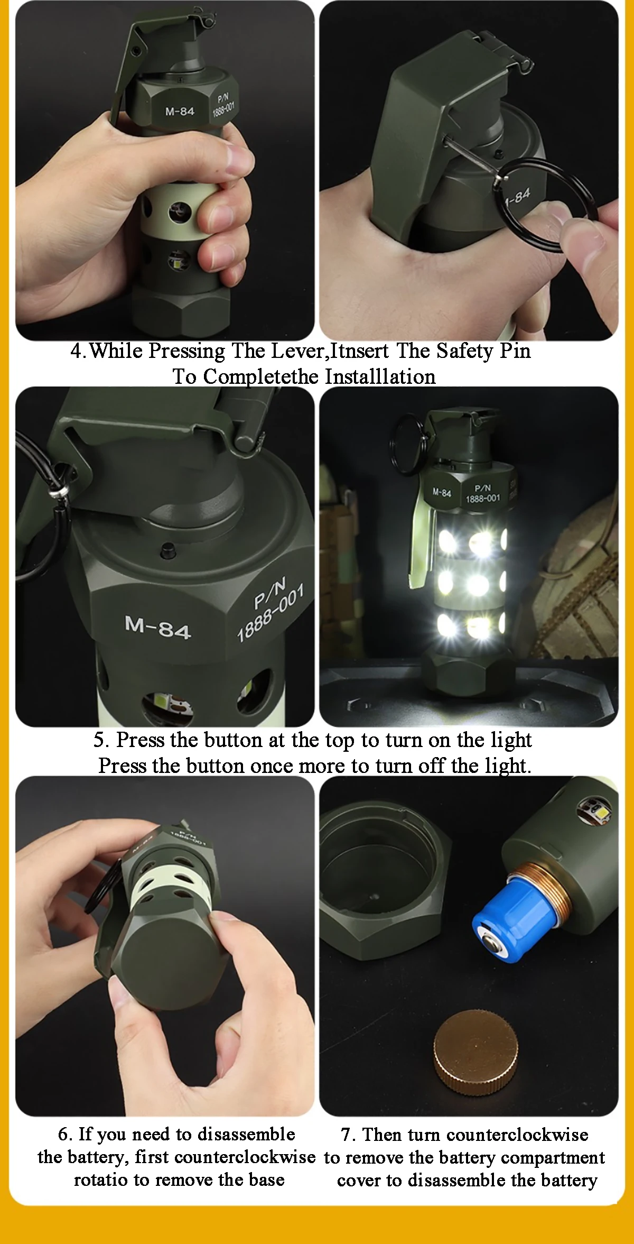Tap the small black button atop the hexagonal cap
coord(169,550)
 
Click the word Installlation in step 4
coord(380,376)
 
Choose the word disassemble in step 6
coord(246,1134)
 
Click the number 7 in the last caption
coord(347,1135)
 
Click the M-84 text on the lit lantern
coord(442,493)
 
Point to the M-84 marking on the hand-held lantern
coord(180,112)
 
